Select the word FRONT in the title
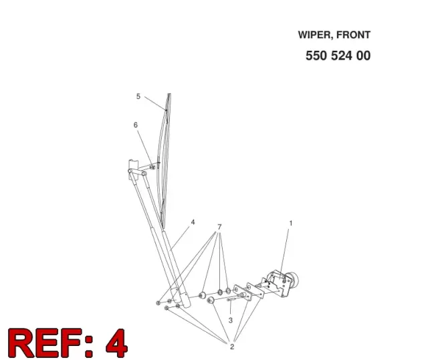tap(353, 35)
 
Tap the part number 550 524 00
tap(338, 56)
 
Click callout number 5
tap(138, 96)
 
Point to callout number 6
tap(136, 125)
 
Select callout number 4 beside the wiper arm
tap(193, 222)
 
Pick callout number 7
tap(219, 227)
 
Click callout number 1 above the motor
tap(291, 223)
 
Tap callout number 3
tap(231, 320)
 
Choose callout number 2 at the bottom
tap(232, 347)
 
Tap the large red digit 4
tap(116, 343)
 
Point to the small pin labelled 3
tap(231, 299)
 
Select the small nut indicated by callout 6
tap(152, 167)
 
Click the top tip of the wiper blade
tap(169, 94)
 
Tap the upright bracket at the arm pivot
tap(133, 169)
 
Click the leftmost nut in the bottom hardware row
tap(158, 302)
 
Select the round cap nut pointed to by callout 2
tap(210, 300)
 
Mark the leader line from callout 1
tap(285, 254)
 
